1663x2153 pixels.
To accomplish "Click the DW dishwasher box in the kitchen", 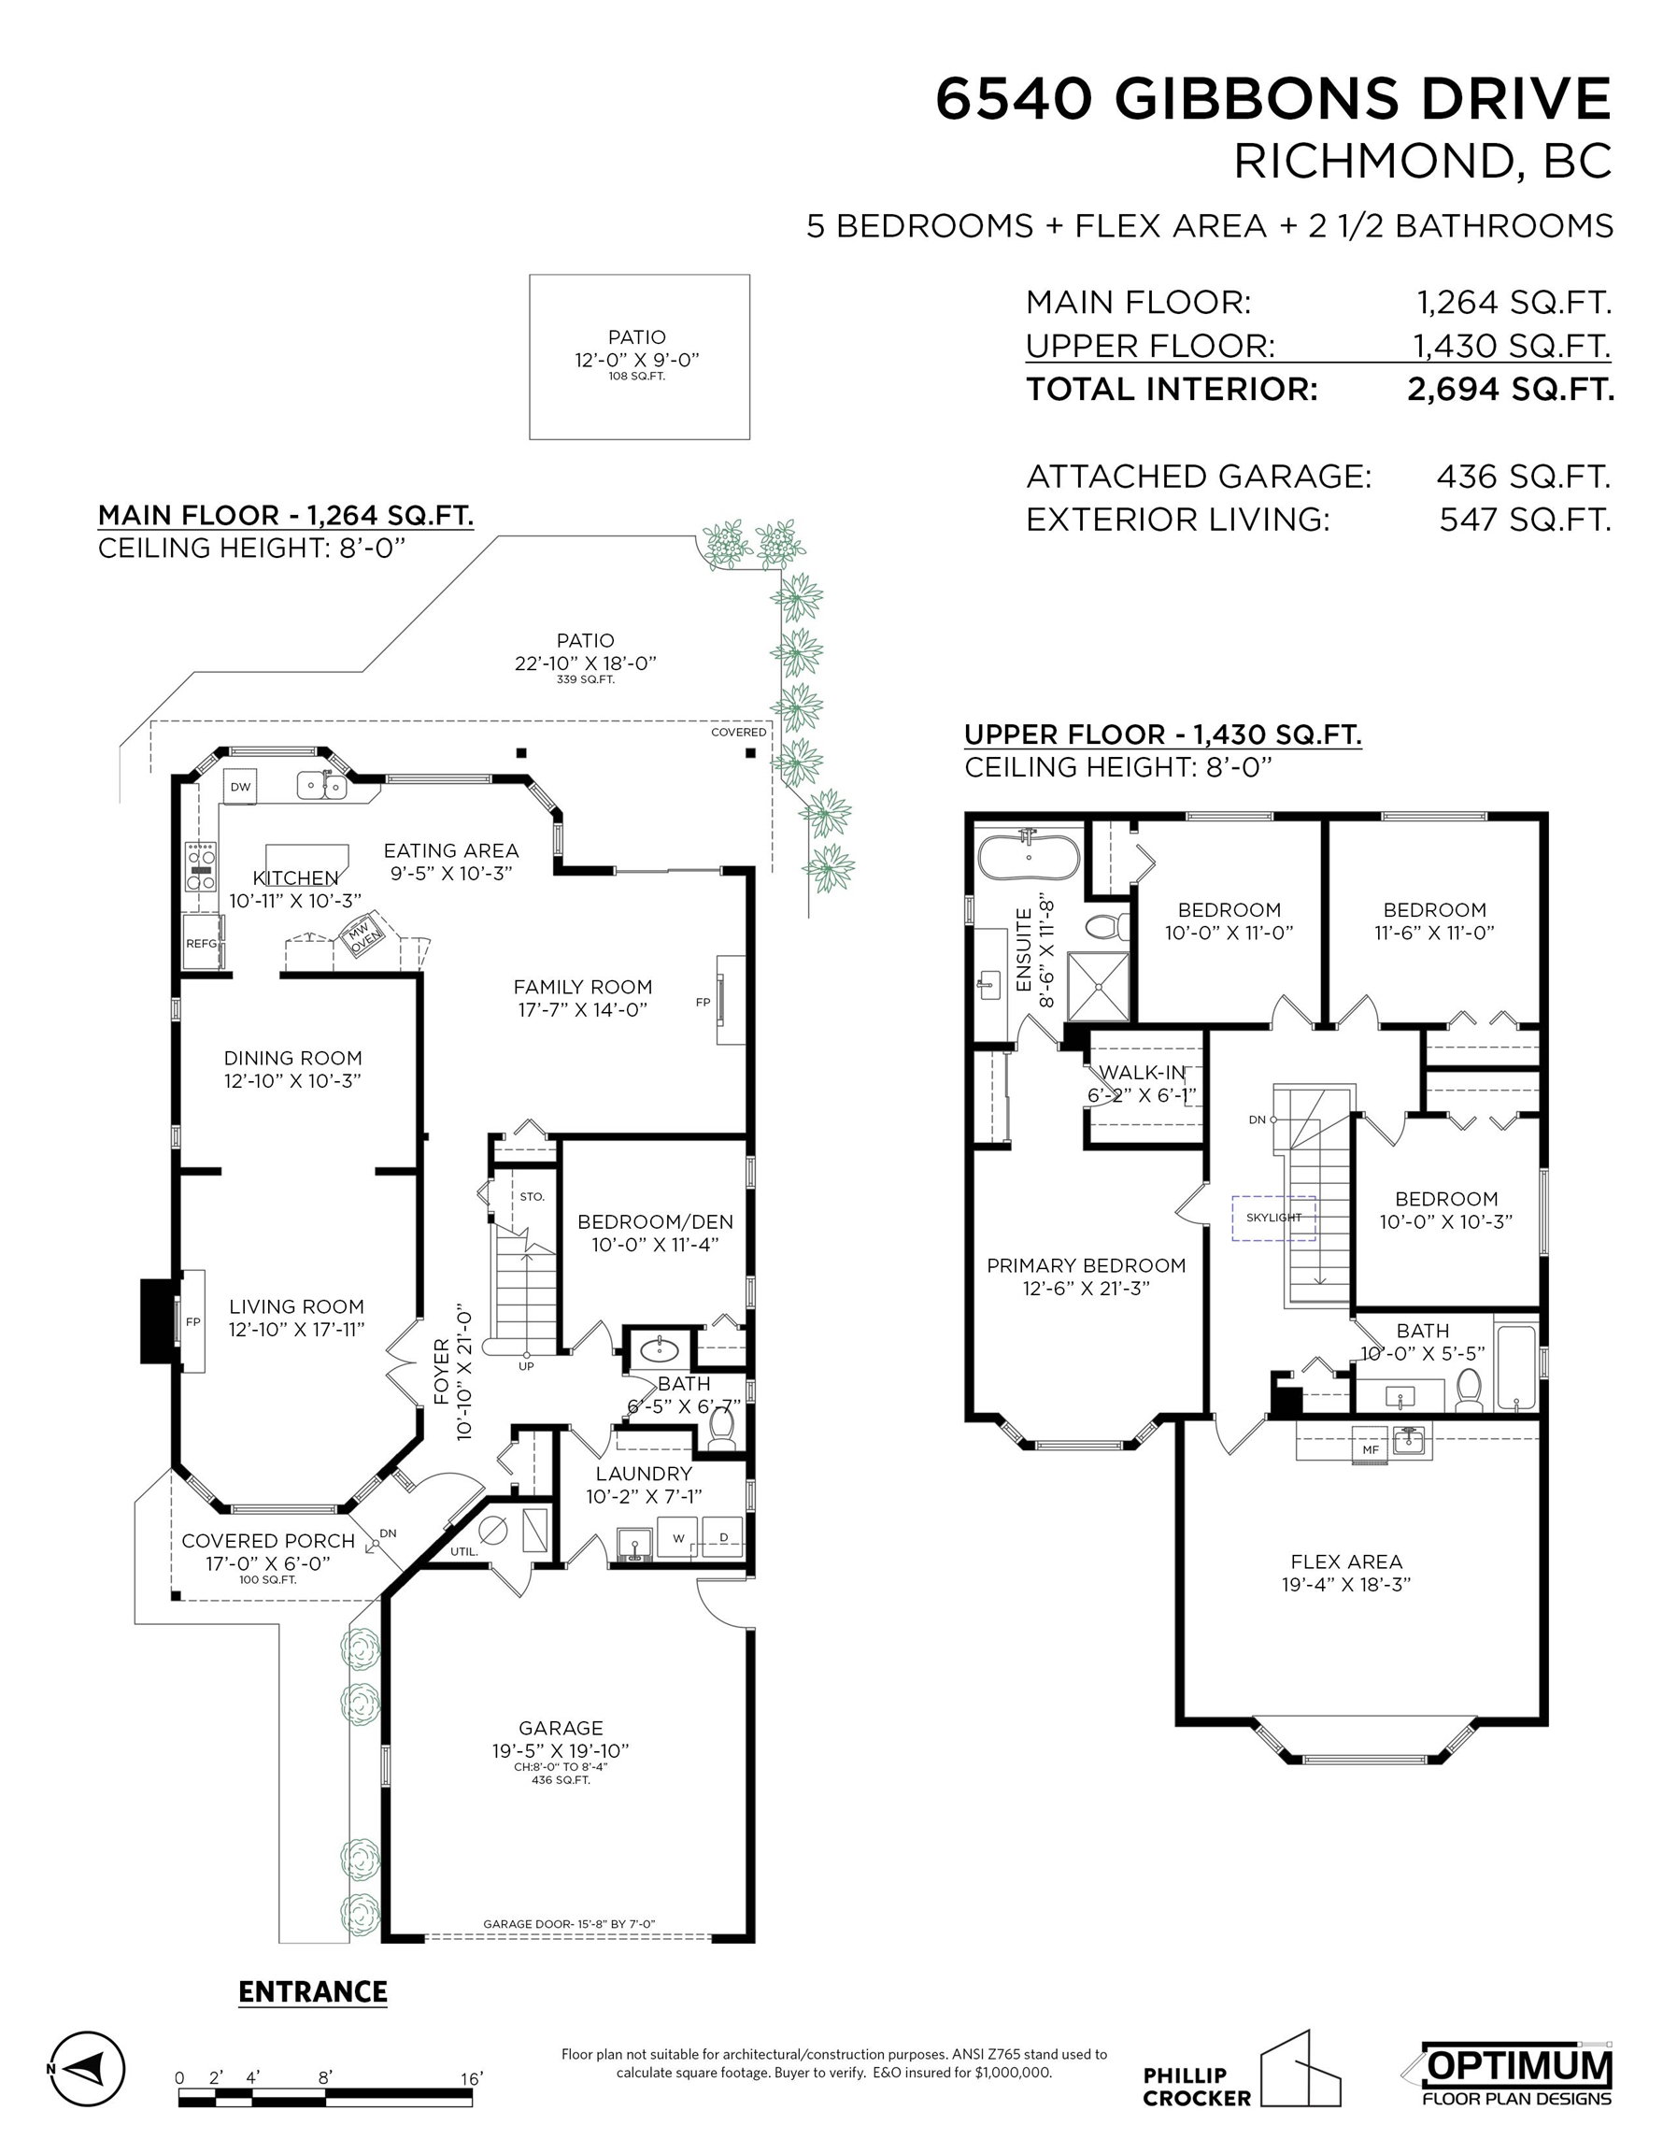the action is [x=239, y=787].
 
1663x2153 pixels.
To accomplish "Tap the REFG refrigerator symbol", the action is [x=202, y=944].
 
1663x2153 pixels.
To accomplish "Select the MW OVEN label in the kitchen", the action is [x=361, y=937].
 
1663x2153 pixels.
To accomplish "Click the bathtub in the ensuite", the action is [x=1028, y=855].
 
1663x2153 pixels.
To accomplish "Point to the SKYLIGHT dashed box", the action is [x=1273, y=1218].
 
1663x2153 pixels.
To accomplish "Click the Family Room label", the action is [x=583, y=987].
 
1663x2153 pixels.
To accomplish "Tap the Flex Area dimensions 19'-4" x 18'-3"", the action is [x=1346, y=1584].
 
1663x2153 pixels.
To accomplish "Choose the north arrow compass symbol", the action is [x=87, y=2067].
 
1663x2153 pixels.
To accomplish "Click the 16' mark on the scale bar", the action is [x=472, y=2078].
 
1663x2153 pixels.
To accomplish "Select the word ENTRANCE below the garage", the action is [x=312, y=1991].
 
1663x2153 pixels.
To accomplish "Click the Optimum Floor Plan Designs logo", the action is [x=1515, y=2075].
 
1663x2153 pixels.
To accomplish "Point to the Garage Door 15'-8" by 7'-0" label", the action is [x=569, y=1923].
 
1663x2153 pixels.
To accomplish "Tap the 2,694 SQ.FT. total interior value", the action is [x=1510, y=390].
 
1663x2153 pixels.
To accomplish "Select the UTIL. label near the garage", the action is [x=464, y=1550].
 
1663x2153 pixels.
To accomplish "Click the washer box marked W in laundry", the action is [x=678, y=1538].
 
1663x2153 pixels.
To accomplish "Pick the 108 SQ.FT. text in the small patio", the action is [x=637, y=377].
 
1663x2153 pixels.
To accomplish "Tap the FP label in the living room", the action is [x=193, y=1322].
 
